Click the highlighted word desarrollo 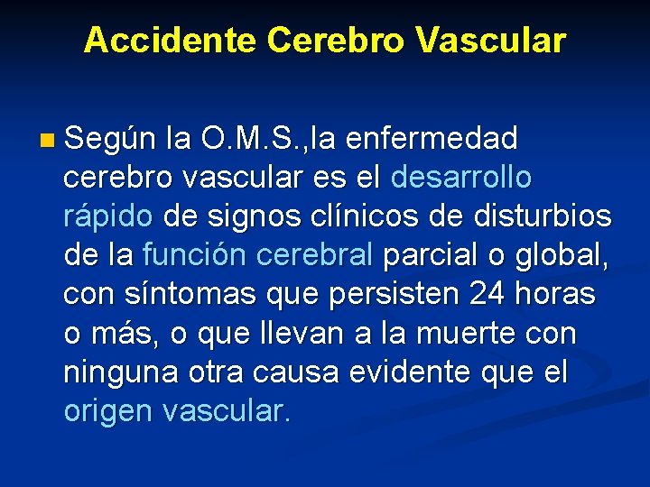tap(461, 178)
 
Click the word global tap(559, 256)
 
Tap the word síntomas tap(184, 295)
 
